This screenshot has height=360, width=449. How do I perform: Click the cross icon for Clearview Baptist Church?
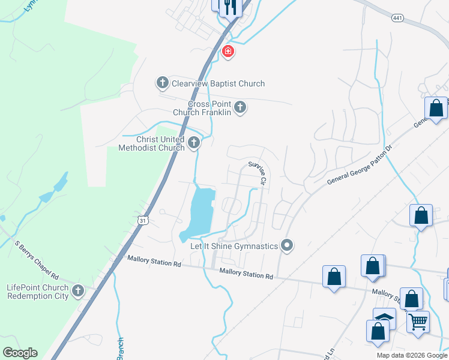[162, 83]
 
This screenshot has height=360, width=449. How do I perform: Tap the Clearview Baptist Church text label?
[218, 83]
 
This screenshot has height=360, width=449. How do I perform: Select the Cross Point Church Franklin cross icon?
[240, 107]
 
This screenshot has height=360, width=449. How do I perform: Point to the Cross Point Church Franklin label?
[202, 108]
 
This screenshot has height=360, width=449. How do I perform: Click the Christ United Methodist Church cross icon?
[194, 143]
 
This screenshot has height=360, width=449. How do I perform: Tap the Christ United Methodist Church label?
[151, 143]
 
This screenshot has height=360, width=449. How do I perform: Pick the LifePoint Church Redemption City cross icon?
[77, 292]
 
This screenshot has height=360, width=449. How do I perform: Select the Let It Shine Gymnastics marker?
[287, 245]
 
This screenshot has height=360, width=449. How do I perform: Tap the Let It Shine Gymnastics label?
[234, 246]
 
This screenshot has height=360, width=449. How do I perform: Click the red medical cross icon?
[228, 52]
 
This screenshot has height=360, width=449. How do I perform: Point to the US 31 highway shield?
[142, 220]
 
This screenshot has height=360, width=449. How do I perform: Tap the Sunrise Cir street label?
[258, 172]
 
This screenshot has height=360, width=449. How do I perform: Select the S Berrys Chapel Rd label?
[37, 260]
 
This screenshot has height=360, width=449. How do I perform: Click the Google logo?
[20, 353]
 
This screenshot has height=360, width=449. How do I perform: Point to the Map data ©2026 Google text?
[411, 355]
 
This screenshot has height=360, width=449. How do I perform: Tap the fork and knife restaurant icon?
[230, 7]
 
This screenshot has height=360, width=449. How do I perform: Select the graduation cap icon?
[384, 317]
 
